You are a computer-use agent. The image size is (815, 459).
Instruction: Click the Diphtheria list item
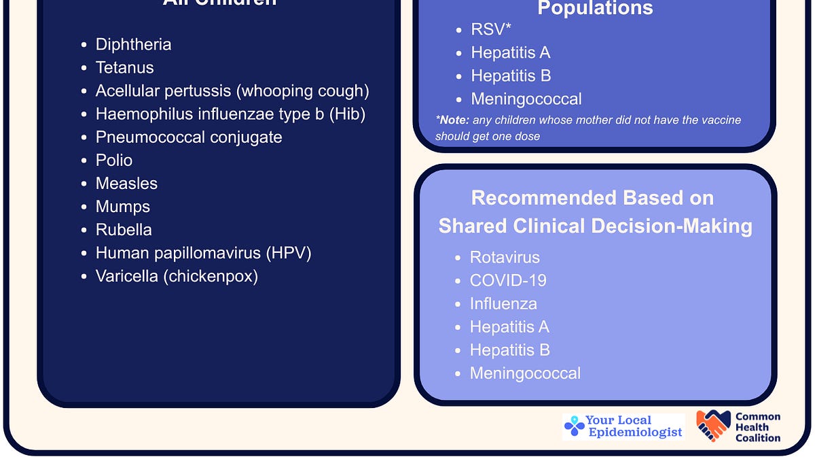click(x=133, y=45)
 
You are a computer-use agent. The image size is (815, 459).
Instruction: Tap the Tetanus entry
click(x=124, y=68)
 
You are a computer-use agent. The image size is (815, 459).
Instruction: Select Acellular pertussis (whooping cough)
click(x=232, y=91)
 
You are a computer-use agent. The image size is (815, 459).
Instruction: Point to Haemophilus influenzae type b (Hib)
click(x=230, y=114)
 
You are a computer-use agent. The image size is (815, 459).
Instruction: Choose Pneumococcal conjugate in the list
click(x=189, y=137)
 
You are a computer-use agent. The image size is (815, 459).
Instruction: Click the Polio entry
click(x=114, y=160)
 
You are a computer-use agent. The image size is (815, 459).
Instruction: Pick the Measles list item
click(x=126, y=184)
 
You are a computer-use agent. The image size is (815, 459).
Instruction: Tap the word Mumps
click(x=123, y=207)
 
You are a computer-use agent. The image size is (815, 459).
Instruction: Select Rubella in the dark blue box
click(x=124, y=230)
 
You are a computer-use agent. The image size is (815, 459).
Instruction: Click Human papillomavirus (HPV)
click(x=203, y=253)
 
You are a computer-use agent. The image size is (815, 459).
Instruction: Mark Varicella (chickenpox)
click(x=177, y=276)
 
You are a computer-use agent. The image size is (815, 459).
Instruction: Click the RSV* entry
click(x=491, y=30)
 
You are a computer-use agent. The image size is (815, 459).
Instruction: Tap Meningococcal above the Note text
click(x=526, y=99)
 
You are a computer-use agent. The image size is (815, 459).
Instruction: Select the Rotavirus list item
click(x=505, y=258)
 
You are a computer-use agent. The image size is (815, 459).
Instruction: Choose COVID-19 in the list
click(x=508, y=281)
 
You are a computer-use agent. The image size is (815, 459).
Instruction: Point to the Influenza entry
click(x=503, y=304)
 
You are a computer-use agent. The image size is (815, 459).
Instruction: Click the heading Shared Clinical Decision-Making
click(x=595, y=226)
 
